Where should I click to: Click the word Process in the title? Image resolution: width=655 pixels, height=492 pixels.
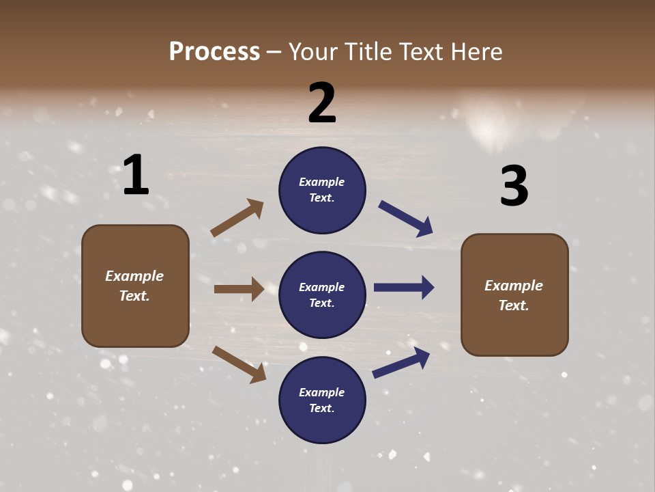pyautogui.click(x=214, y=52)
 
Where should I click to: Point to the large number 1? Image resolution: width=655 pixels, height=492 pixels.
pyautogui.click(x=136, y=175)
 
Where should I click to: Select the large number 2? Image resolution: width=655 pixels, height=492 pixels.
pyautogui.click(x=322, y=103)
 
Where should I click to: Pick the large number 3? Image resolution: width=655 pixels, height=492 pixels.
pyautogui.click(x=514, y=187)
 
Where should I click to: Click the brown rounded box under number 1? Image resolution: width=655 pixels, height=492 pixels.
pyautogui.click(x=135, y=286)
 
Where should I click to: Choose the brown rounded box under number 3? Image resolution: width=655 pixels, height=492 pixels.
pyautogui.click(x=514, y=295)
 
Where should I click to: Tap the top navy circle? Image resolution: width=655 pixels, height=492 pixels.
pyautogui.click(x=322, y=190)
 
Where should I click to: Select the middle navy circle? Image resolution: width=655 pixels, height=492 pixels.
pyautogui.click(x=322, y=295)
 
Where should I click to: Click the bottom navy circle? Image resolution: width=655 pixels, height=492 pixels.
pyautogui.click(x=322, y=400)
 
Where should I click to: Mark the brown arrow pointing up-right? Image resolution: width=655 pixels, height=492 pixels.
pyautogui.click(x=237, y=217)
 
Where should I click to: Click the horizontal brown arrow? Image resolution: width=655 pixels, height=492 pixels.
pyautogui.click(x=239, y=289)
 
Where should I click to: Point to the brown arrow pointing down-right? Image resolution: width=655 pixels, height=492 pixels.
pyautogui.click(x=239, y=364)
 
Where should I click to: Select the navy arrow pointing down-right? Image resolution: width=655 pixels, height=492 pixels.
pyautogui.click(x=406, y=219)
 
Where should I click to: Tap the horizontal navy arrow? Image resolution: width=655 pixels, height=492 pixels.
pyautogui.click(x=404, y=288)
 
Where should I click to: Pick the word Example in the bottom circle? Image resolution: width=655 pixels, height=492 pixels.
pyautogui.click(x=322, y=392)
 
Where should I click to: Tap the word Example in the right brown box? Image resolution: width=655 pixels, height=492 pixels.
pyautogui.click(x=514, y=286)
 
